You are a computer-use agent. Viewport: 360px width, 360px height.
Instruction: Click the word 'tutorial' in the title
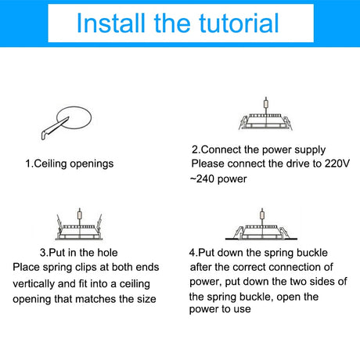[239, 23]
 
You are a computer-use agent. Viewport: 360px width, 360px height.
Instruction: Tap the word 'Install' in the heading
[110, 23]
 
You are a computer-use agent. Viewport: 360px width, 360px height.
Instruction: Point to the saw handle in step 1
[46, 135]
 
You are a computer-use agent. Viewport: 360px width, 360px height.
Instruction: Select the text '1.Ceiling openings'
[70, 164]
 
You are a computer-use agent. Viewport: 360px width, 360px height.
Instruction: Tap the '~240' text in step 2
[202, 179]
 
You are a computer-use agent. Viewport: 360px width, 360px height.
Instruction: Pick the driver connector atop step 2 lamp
[266, 104]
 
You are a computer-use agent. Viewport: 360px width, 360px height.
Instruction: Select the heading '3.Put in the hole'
[79, 253]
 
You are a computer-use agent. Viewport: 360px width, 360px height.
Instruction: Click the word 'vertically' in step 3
[34, 283]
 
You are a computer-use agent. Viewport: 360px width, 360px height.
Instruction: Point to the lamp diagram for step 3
[79, 225]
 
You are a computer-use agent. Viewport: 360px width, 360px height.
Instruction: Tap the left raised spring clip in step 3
[59, 223]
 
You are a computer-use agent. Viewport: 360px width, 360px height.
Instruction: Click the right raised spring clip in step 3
[99, 223]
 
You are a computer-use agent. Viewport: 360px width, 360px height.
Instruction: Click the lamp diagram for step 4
[261, 225]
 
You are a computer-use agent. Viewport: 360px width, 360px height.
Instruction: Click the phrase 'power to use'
[220, 309]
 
